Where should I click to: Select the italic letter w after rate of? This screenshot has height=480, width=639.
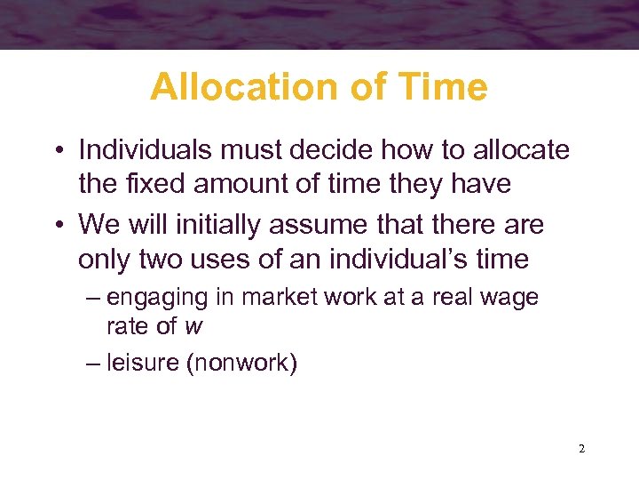[x=193, y=327]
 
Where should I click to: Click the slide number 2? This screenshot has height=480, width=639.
[x=581, y=449]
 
